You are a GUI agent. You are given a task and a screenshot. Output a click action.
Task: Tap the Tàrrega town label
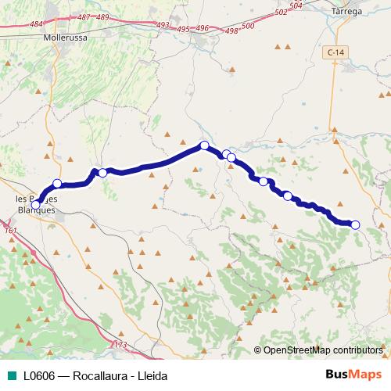point(347,12)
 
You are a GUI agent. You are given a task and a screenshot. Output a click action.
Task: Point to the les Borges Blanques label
point(36,205)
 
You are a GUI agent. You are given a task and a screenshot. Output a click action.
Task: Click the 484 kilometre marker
point(37,25)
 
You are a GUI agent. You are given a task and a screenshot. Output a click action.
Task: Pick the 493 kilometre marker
point(163,26)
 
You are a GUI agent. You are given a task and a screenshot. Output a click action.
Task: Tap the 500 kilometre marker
point(249,26)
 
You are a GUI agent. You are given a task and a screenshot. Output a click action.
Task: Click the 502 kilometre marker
point(282,13)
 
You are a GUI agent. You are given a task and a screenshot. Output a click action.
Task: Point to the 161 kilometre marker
point(10,231)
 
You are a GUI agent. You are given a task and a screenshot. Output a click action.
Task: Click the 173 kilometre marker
point(120,344)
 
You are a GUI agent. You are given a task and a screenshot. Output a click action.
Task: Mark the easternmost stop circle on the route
point(355,225)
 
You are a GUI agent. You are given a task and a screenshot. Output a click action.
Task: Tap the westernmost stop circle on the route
point(35,205)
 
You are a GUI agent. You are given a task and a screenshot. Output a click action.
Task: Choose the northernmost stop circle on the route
point(204,145)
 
